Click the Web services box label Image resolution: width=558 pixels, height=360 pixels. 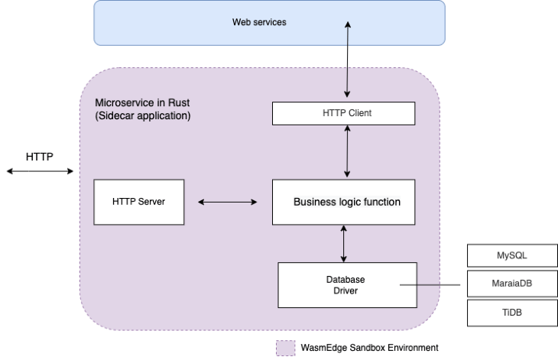point(259,22)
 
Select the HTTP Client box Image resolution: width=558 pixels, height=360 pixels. point(343,113)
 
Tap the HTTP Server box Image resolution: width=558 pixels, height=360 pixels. point(139,202)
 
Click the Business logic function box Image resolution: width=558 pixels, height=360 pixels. point(343,202)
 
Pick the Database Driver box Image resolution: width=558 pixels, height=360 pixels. point(347,285)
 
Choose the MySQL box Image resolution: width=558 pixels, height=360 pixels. point(512,255)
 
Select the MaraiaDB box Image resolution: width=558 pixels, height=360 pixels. point(512,284)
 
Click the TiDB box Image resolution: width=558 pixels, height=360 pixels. point(512,313)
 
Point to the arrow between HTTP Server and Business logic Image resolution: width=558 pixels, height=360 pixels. point(227,202)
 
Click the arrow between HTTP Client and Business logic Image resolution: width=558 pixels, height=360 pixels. point(347,151)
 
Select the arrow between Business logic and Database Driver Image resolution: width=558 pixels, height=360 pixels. point(343,244)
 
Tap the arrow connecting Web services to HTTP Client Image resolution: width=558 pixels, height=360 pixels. point(347,60)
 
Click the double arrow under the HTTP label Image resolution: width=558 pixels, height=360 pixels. point(40,171)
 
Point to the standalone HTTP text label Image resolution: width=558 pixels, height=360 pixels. point(40,157)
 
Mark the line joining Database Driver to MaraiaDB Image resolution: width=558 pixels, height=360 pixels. point(430,284)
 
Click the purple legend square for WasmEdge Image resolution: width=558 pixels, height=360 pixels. point(286,348)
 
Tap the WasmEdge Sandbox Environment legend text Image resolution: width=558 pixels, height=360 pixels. point(369,348)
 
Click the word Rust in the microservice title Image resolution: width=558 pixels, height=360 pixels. point(179,103)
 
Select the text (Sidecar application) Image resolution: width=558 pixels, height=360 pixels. point(143,116)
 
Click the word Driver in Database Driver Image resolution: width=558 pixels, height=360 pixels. point(346,290)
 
